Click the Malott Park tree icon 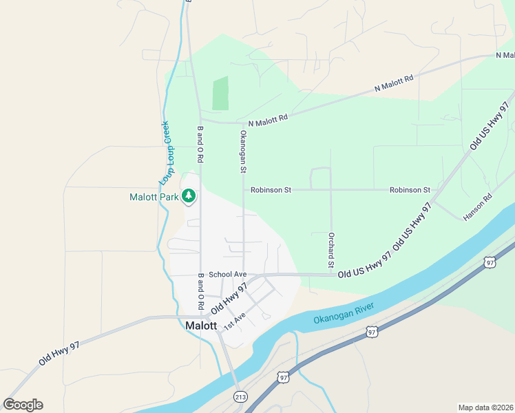coord(188,197)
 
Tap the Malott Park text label coord(154,197)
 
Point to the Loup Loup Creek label coord(165,153)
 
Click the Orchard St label coord(331,250)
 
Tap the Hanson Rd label coord(478,206)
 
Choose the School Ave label coord(227,274)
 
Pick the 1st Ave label coord(235,319)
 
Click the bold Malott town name coord(202,326)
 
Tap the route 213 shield coord(240,396)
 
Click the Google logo coord(23,404)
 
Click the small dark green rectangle coord(220,94)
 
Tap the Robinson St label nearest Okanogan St coord(271,190)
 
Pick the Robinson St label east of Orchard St coord(410,190)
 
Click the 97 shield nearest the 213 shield coord(283,377)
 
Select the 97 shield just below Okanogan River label coord(372,332)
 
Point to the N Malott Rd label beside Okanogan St coord(268,119)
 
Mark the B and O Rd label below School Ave coord(201,290)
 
